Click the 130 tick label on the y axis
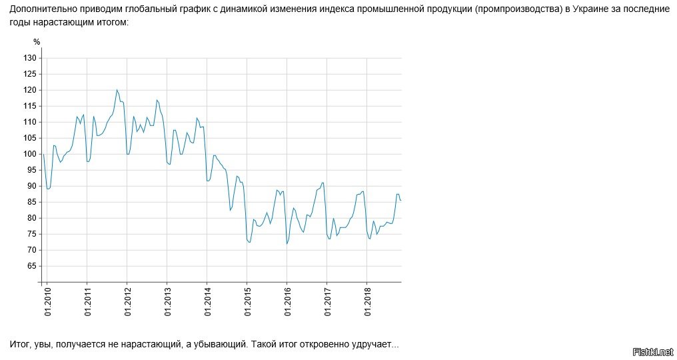pos(29,58)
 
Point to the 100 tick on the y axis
pos(29,154)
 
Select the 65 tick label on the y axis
pos(31,266)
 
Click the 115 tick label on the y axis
pos(29,106)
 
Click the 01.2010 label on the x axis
pos(48,302)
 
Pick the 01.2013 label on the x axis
pos(168,302)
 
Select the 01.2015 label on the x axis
pos(248,302)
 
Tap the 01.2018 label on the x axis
pos(368,302)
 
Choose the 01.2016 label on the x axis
pos(288,302)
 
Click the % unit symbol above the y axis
pos(37,42)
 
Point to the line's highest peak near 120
pos(117,90)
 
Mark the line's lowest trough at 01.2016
pos(287,244)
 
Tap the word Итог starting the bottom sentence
pos(20,344)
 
